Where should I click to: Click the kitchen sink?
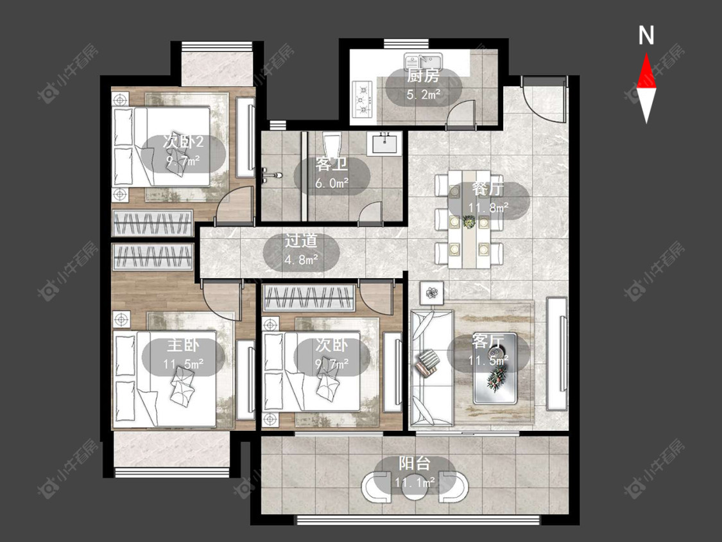click(x=424, y=61)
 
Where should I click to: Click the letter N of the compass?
click(x=646, y=35)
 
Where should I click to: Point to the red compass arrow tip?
click(x=646, y=53)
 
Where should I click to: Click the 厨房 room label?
click(x=423, y=76)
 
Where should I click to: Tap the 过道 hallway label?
click(x=301, y=241)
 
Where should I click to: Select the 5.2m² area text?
click(x=423, y=95)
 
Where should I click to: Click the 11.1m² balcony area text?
click(x=415, y=482)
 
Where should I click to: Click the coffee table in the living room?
click(x=496, y=368)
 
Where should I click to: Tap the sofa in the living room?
click(x=431, y=367)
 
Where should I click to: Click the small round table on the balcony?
click(x=415, y=487)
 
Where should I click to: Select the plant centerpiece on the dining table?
click(x=468, y=222)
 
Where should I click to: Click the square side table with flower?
click(x=431, y=292)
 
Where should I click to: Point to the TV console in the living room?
click(x=556, y=353)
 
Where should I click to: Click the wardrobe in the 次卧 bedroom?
click(x=309, y=298)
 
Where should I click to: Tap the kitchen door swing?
click(x=461, y=112)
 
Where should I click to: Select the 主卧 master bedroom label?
click(x=184, y=345)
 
